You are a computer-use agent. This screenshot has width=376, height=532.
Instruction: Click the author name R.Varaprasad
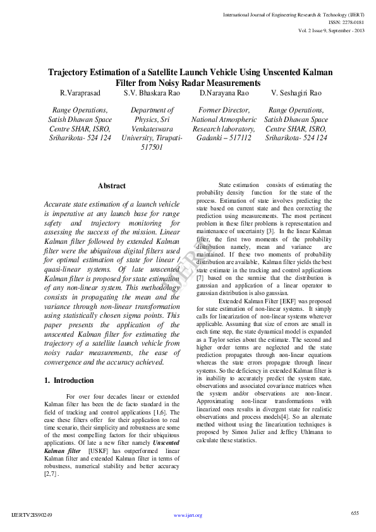click(79, 93)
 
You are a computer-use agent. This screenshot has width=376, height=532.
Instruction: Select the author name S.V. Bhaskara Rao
click(152, 93)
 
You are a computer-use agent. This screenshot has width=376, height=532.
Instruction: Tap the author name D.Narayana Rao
click(224, 93)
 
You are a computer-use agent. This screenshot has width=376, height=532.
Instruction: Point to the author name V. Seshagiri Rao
click(296, 93)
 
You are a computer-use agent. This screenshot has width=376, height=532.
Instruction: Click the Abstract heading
click(112, 186)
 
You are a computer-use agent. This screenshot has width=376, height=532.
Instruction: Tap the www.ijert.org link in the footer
click(188, 515)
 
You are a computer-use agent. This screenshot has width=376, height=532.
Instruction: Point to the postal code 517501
click(152, 147)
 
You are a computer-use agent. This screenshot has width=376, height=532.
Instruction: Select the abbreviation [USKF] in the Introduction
click(99, 451)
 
